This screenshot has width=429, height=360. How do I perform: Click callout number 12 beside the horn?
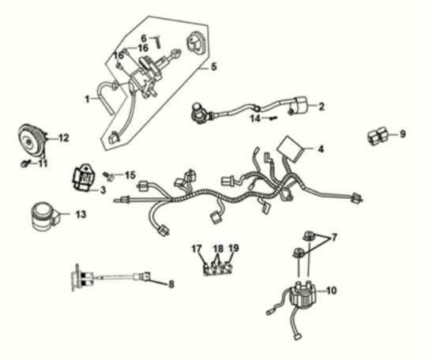[x=64, y=137]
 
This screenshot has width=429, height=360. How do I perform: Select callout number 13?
[x=81, y=214]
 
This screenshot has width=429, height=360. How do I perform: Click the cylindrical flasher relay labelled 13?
[x=44, y=216]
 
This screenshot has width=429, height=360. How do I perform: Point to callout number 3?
[x=104, y=190]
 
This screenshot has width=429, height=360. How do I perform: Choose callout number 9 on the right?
[x=402, y=133]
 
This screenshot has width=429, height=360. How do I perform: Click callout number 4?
[x=321, y=148]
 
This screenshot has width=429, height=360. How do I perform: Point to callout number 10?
[x=331, y=291]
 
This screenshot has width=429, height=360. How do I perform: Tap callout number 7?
[x=334, y=237]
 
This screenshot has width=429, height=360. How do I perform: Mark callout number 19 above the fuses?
[x=233, y=248]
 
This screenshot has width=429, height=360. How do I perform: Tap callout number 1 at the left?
[x=88, y=99]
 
